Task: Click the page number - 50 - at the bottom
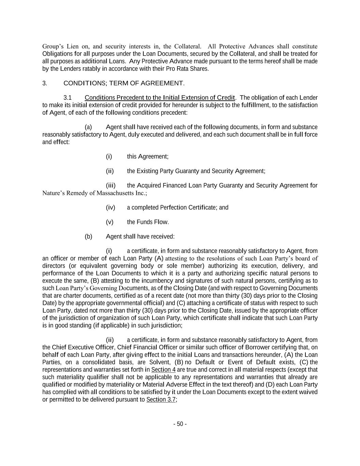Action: pyautogui.click(x=180, y=424)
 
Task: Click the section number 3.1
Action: pyautogui.click(x=67, y=98)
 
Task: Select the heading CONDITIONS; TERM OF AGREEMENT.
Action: pyautogui.click(x=124, y=83)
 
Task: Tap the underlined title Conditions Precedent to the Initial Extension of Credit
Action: pyautogui.click(x=160, y=98)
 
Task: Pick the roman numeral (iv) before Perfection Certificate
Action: pyautogui.click(x=111, y=208)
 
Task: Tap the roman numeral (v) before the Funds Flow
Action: pyautogui.click(x=110, y=222)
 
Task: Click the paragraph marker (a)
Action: pyautogui.click(x=88, y=127)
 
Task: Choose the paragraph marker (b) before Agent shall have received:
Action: pyautogui.click(x=88, y=237)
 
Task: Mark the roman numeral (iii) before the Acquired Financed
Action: pyautogui.click(x=111, y=185)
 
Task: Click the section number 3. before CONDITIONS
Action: pyautogui.click(x=45, y=83)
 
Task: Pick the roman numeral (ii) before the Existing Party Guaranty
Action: pyautogui.click(x=110, y=171)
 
